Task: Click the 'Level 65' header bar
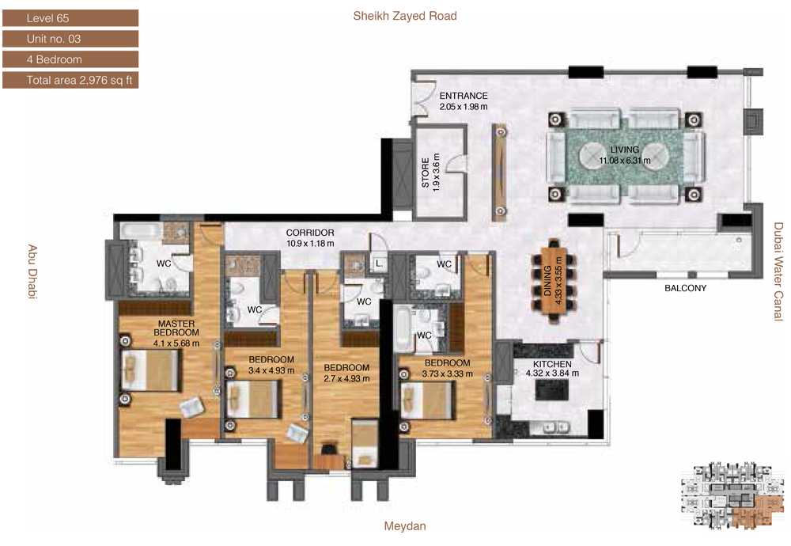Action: (70, 18)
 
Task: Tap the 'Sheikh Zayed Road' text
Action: (405, 16)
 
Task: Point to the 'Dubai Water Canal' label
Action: (779, 271)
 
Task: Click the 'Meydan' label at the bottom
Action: (405, 525)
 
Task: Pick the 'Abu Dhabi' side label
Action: (32, 272)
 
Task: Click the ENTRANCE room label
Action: (463, 96)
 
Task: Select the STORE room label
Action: (426, 173)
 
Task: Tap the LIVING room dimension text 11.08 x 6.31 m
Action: (625, 161)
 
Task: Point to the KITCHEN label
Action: (552, 364)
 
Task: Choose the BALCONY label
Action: (685, 288)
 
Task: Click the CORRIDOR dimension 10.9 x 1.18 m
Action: (310, 243)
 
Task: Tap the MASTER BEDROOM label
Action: (176, 328)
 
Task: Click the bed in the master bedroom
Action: (149, 370)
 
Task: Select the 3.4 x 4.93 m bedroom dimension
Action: (271, 370)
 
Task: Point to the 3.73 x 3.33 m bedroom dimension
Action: (448, 374)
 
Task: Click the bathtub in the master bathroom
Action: (140, 230)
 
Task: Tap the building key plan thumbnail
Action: (732, 495)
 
